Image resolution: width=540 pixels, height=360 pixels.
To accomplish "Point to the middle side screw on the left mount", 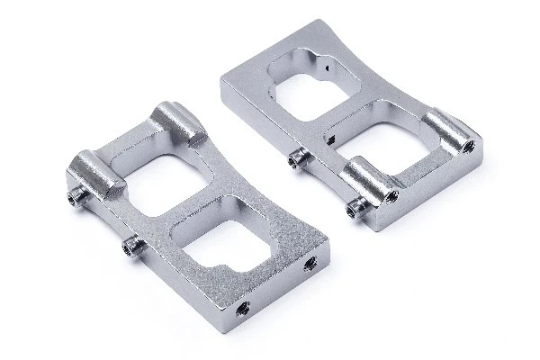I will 131,244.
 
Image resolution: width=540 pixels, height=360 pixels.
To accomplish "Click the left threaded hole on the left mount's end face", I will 241,309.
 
